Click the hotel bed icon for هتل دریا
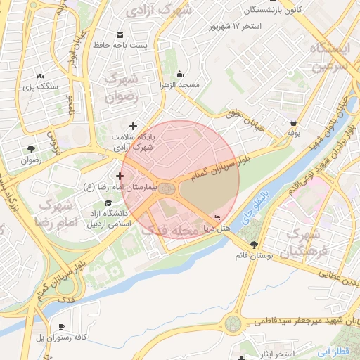point(216,217)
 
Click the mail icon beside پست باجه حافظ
point(119,35)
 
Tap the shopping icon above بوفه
point(292,121)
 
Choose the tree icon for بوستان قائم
point(254,245)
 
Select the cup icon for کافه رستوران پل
point(61,327)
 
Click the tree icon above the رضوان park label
point(31,148)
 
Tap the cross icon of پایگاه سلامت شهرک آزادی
point(133,126)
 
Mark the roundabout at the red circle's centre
point(167,188)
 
